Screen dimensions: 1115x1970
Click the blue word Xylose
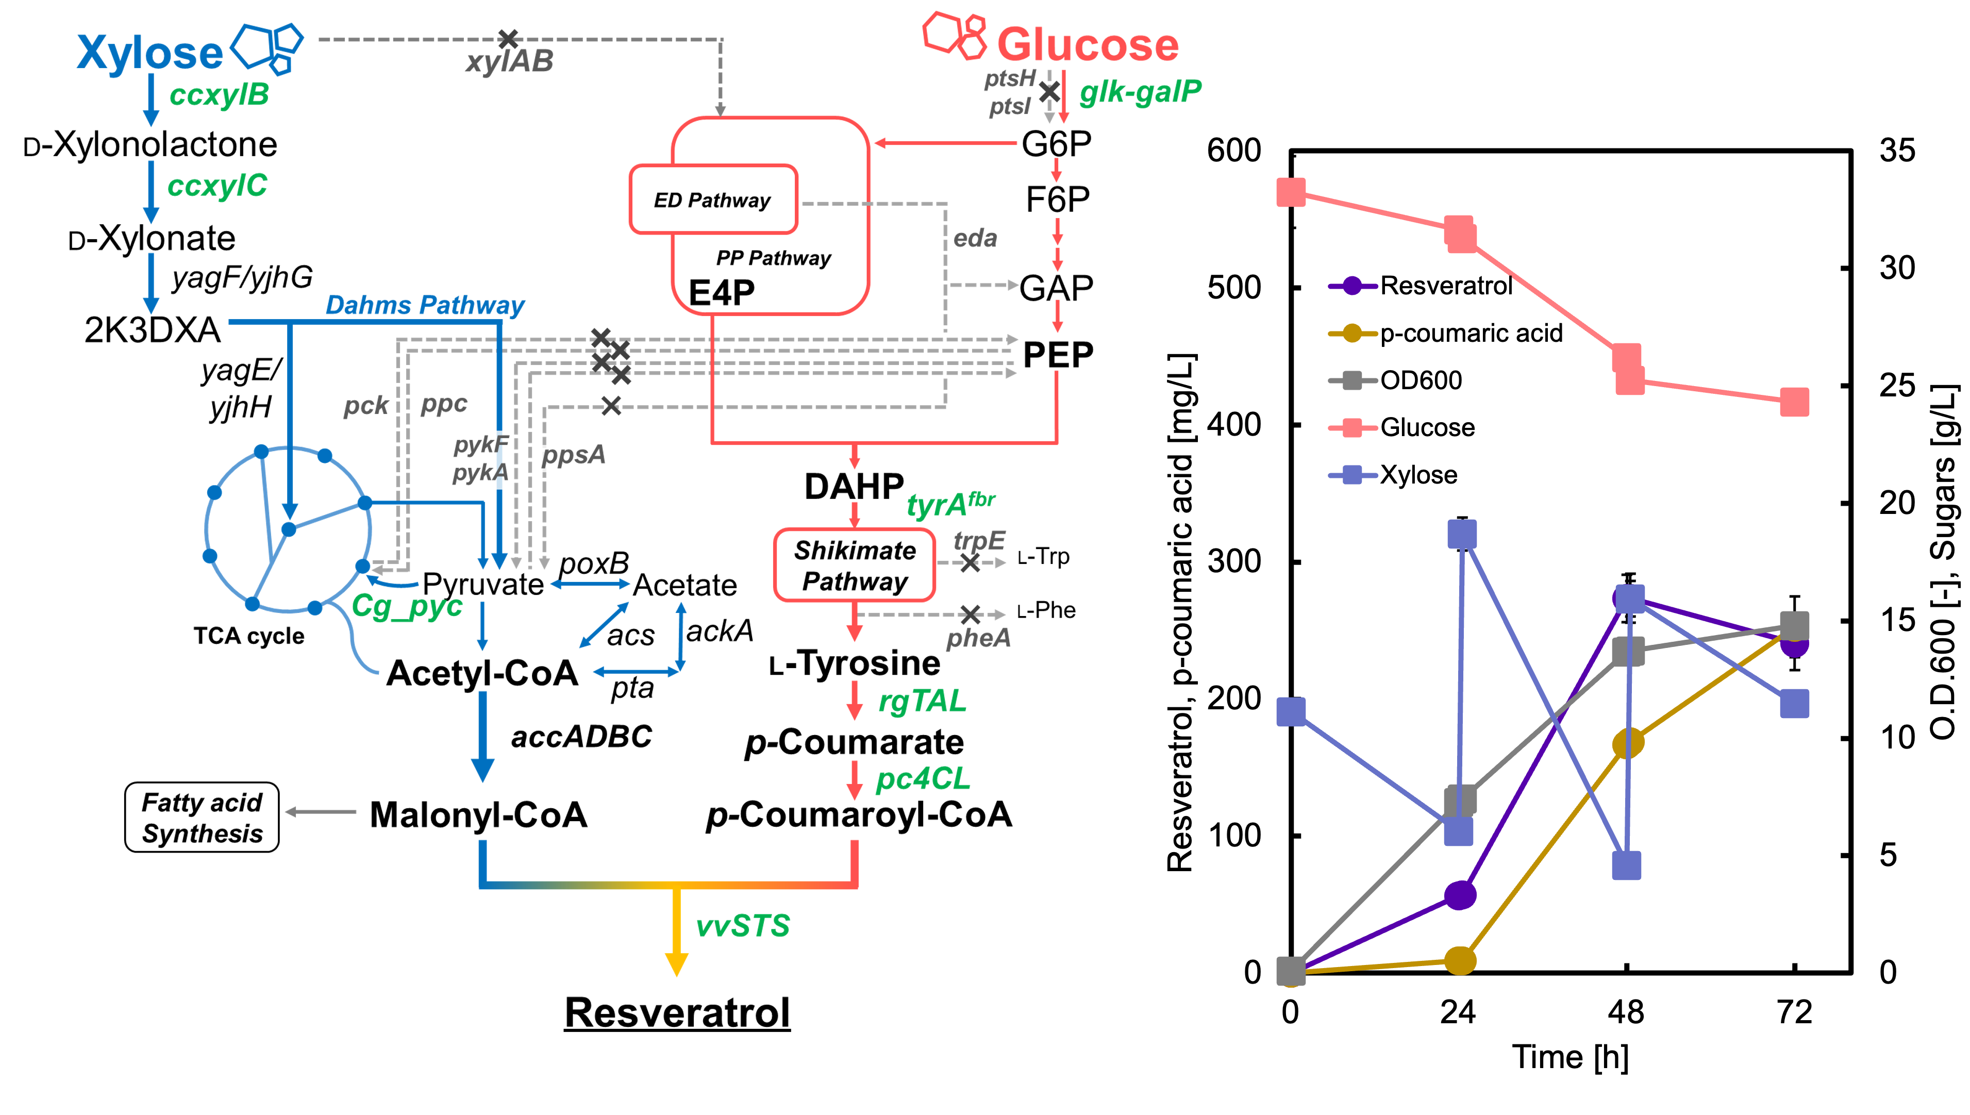[150, 53]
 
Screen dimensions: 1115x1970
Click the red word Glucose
[1087, 44]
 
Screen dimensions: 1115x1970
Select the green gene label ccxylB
[219, 95]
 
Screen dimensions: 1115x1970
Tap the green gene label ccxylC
[218, 186]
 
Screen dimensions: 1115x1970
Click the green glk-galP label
[1140, 92]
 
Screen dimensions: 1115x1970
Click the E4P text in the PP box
[721, 292]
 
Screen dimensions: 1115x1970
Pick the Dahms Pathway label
[425, 305]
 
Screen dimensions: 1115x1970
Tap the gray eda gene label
[975, 238]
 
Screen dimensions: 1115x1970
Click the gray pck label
[366, 405]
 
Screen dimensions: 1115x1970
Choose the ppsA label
[572, 456]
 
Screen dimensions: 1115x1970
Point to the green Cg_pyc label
[407, 606]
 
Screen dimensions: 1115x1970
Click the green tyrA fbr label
[950, 504]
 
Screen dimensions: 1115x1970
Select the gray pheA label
[978, 638]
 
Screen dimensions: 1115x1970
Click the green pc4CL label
[923, 779]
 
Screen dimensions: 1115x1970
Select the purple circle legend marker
[1352, 286]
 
